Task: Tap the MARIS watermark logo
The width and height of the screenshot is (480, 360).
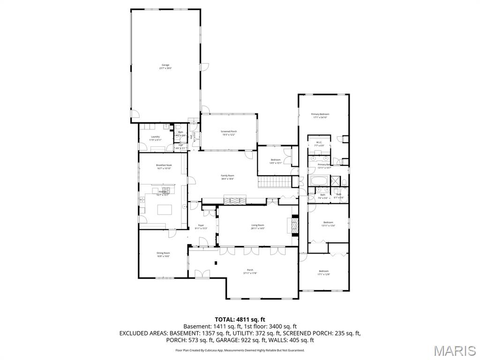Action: (455, 351)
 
